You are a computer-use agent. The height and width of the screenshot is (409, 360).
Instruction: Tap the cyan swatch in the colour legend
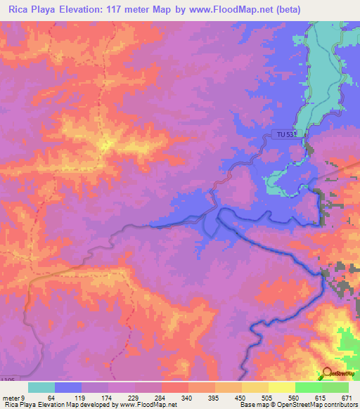[x=41, y=387]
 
